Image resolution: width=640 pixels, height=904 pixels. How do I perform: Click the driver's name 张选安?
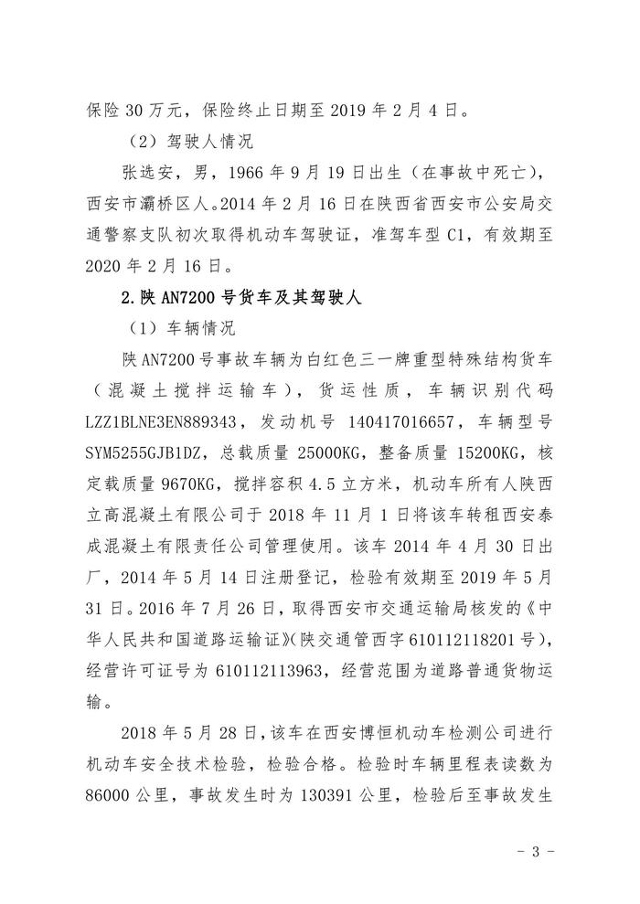[x=152, y=175]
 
